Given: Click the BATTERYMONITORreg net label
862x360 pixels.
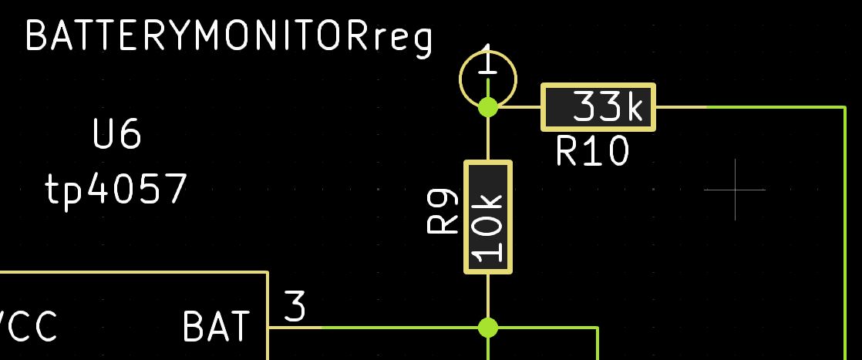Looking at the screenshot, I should [x=229, y=37].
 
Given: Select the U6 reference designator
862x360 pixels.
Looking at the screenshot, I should [x=117, y=136].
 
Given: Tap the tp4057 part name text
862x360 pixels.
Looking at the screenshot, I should [x=116, y=189].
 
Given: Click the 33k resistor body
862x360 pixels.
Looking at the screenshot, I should [x=598, y=107].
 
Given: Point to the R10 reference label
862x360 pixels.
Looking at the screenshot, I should [x=592, y=152].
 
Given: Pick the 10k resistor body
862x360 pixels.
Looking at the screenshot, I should [x=488, y=217].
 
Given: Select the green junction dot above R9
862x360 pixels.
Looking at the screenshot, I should [x=488, y=107].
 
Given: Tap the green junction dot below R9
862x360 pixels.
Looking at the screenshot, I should [x=488, y=328].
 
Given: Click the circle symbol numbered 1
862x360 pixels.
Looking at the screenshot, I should [x=488, y=78].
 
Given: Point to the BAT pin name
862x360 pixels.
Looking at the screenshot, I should [x=217, y=327].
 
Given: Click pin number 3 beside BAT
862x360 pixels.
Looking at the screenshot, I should [x=295, y=307].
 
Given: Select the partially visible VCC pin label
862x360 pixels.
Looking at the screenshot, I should [x=29, y=327].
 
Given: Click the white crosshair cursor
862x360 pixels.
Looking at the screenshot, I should [x=736, y=190].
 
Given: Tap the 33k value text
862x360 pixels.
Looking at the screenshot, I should [x=608, y=107].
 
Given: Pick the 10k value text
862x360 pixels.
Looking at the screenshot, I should [x=489, y=228].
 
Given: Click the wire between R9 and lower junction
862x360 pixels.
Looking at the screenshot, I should [x=488, y=297].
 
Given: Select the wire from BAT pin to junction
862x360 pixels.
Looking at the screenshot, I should [x=378, y=328].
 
